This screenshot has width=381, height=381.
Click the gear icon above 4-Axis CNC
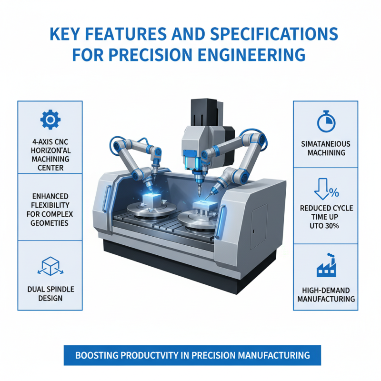[49, 119]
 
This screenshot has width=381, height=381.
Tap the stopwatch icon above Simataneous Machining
[326, 121]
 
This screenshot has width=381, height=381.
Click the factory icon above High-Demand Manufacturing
[326, 268]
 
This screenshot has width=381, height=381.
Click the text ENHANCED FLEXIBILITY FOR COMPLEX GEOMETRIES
[50, 210]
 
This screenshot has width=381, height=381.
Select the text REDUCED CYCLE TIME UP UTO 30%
[326, 217]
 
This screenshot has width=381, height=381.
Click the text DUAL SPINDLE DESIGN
[50, 293]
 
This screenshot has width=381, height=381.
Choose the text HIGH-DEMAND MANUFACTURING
[326, 294]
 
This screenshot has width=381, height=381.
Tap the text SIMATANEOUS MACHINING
[326, 148]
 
